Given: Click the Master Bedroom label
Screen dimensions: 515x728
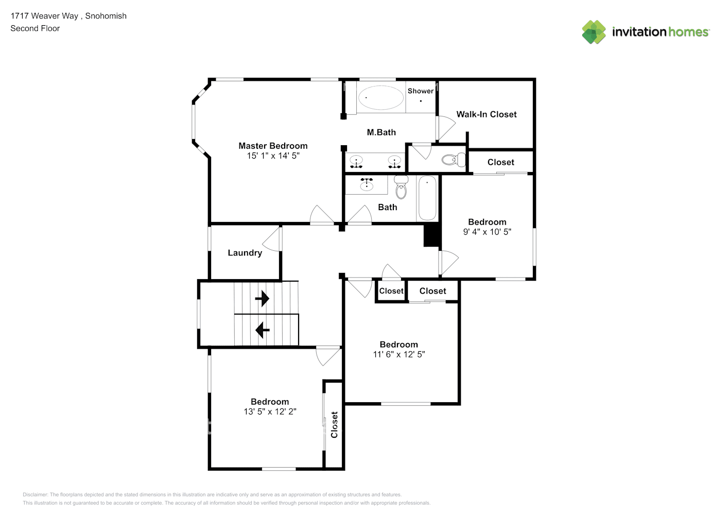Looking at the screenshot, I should tap(273, 146).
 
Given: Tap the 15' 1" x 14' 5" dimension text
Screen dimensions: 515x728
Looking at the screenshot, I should tap(273, 156).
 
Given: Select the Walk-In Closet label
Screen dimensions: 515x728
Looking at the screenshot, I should tap(486, 114).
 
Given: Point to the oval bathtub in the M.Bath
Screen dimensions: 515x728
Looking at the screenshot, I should tap(380, 97).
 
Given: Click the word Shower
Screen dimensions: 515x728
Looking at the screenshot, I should tap(420, 91).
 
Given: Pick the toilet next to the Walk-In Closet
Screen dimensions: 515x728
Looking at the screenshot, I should tap(454, 160).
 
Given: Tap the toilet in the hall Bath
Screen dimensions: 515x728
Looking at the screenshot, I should tap(401, 188).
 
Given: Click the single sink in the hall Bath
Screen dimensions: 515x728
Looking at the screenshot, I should tap(367, 184).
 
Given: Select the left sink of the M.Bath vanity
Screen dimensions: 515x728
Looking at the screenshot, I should tap(356, 162).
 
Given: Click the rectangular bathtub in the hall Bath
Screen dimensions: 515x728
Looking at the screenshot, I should tap(427, 198).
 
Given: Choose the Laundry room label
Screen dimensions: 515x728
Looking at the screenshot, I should tap(245, 253).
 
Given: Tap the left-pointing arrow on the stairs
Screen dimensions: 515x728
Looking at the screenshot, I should tap(263, 329).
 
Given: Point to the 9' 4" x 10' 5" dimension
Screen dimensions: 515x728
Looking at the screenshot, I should tap(487, 232).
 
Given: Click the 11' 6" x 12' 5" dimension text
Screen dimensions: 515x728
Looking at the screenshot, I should tap(398, 354).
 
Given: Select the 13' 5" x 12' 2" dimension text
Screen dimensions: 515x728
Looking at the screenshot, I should tap(270, 411).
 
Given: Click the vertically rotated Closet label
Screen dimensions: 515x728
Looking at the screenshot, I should tap(334, 425).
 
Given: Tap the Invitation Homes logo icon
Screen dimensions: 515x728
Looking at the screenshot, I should tap(594, 32).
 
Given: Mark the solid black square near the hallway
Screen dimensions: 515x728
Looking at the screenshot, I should tap(431, 236).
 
